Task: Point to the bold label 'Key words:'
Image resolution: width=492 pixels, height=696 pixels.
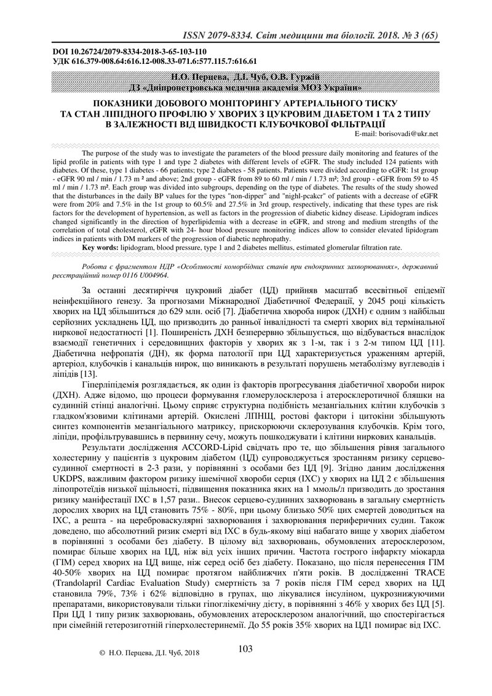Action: [x=101, y=247]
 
